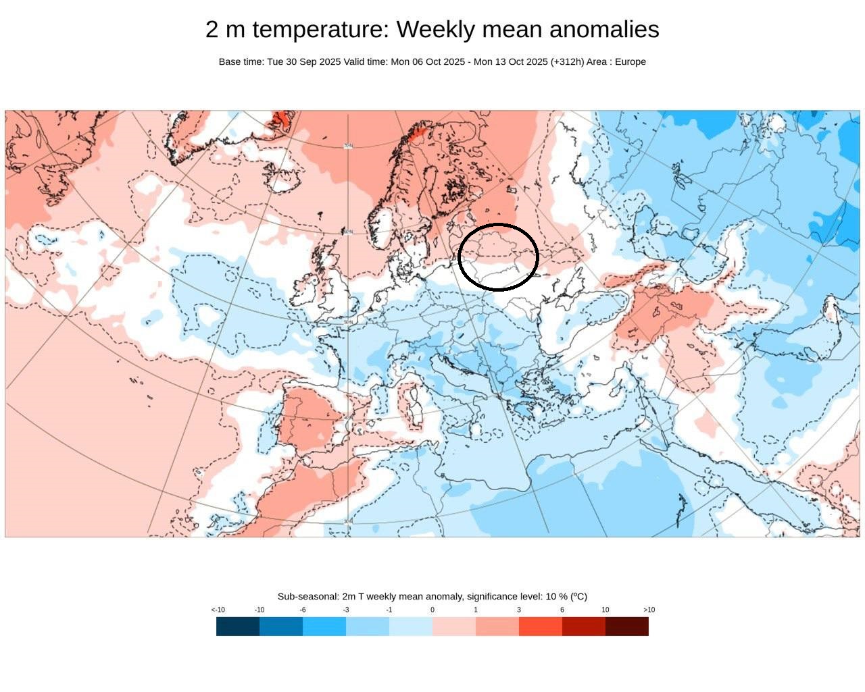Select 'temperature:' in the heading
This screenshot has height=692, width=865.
coord(320,30)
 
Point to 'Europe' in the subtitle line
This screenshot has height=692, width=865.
coord(630,61)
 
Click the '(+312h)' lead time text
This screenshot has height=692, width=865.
coord(567,61)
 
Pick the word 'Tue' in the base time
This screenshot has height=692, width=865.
coord(276,61)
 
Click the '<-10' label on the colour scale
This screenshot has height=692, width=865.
coord(218,610)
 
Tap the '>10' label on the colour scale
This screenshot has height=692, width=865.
coord(649,610)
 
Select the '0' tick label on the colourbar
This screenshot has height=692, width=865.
coord(432,610)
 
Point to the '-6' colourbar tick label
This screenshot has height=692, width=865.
coord(303,610)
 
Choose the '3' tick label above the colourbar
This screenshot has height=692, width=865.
coord(519,610)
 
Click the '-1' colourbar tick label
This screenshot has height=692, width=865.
coord(389,610)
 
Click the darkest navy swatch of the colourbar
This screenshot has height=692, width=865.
coord(238,627)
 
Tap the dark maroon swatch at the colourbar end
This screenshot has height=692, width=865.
coord(627,627)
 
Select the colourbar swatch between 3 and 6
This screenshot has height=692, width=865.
coord(541,627)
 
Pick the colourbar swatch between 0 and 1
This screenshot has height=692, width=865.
coord(454,627)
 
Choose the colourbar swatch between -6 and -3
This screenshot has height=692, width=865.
coord(324,627)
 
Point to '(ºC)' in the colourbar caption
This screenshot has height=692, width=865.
coord(578,596)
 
